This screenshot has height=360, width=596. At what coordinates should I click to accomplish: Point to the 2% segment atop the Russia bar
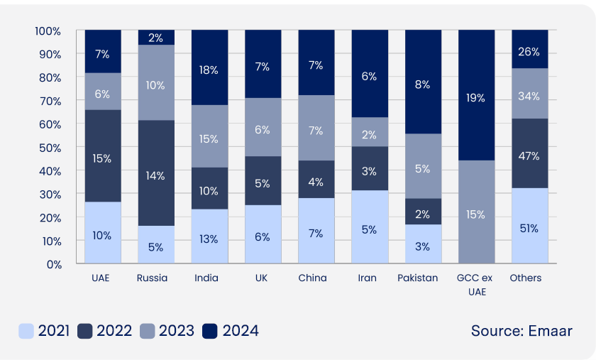point(155,37)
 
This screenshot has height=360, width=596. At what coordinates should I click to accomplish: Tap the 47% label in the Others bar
point(529,156)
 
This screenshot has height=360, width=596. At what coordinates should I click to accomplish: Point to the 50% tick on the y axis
point(49,147)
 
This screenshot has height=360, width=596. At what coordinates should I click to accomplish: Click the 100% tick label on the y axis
point(47,31)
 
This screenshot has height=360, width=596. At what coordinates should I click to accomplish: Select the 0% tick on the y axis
point(53,264)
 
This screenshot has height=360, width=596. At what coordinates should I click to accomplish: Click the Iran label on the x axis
point(369,278)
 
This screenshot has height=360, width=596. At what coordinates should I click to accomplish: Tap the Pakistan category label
point(423,278)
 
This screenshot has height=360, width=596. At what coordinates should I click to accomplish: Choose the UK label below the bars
point(263,278)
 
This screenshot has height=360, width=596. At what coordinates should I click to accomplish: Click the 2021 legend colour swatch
point(27,330)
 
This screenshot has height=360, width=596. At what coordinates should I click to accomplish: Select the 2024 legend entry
point(231,330)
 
